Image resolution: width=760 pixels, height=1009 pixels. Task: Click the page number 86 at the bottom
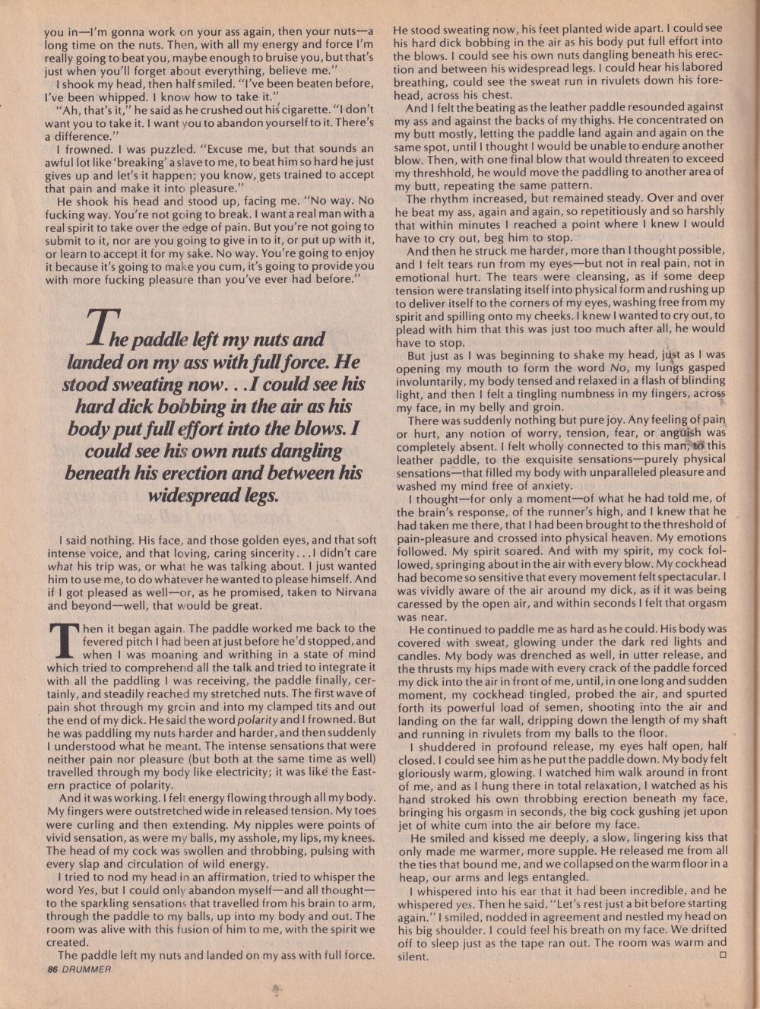pyautogui.click(x=52, y=969)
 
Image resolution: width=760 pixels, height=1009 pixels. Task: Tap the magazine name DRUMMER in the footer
pyautogui.click(x=87, y=969)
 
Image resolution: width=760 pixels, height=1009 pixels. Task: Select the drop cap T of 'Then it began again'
pyautogui.click(x=64, y=640)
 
